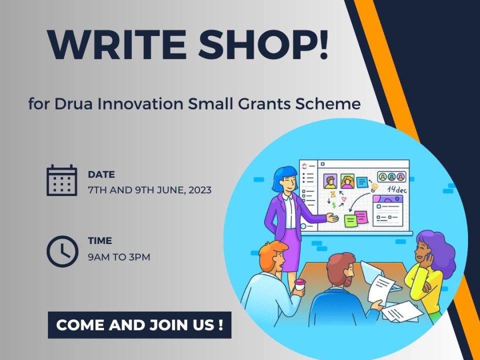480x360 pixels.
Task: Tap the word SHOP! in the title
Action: (263, 44)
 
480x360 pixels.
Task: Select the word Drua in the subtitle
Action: (73, 104)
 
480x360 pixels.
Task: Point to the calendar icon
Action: (62, 180)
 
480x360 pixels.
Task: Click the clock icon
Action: (62, 251)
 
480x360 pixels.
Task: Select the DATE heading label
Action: (101, 174)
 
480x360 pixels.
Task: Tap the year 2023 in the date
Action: (200, 190)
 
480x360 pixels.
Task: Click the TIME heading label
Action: (100, 241)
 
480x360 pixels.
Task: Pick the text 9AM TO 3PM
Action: (119, 257)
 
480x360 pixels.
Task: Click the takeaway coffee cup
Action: (299, 284)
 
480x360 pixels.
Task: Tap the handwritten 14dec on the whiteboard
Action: (397, 189)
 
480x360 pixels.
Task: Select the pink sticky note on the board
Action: (361, 217)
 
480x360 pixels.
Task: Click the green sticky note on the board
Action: (350, 220)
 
